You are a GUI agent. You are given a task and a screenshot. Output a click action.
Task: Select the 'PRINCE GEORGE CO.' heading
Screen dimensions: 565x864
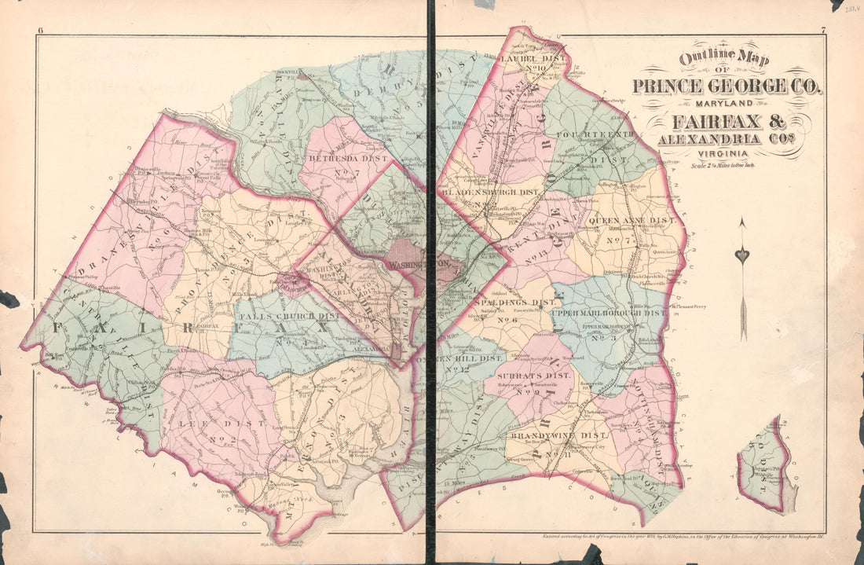coord(727,86)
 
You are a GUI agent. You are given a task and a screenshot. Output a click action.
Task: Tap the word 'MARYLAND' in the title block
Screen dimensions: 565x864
coord(727,105)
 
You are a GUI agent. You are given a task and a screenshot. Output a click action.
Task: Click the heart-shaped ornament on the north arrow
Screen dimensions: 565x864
coord(742,255)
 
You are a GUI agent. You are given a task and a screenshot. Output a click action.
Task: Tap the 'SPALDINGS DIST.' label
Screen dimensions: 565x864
coord(510,302)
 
